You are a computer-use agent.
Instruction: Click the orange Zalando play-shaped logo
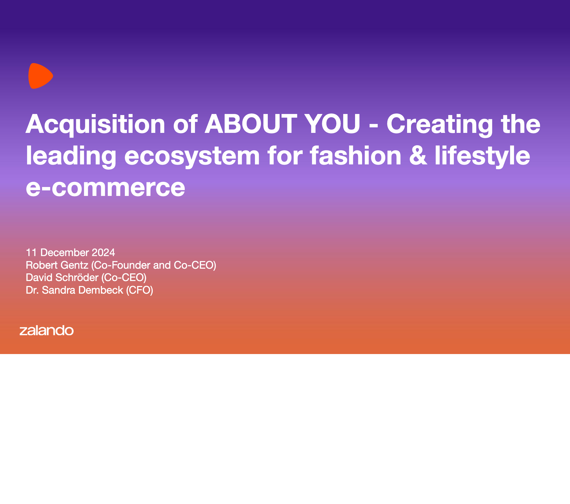(40, 76)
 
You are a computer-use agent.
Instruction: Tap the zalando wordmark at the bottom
(47, 330)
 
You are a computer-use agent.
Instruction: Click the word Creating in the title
(439, 124)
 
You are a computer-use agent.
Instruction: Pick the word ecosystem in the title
(192, 156)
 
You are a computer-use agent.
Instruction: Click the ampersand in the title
(418, 156)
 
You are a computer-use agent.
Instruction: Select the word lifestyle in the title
(482, 156)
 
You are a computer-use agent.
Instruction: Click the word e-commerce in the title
(105, 187)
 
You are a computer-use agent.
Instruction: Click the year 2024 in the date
(103, 253)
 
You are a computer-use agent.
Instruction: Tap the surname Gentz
(76, 265)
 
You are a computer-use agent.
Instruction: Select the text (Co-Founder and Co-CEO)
(154, 265)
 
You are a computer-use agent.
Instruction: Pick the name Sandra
(59, 290)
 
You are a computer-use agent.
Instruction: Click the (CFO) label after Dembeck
(140, 290)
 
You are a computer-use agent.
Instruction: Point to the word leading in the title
(71, 156)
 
